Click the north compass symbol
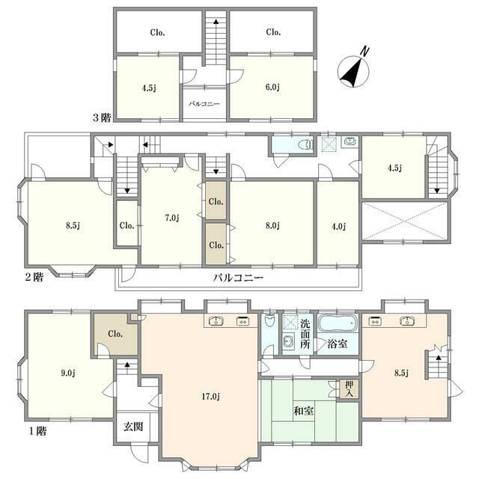tap(354, 70)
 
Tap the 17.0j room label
tap(211, 397)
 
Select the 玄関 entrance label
tap(133, 427)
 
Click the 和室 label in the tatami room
tap(303, 411)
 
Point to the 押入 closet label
tap(350, 389)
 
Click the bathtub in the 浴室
tap(338, 323)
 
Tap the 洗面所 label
tap(305, 334)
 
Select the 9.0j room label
tap(68, 373)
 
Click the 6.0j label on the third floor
tap(272, 88)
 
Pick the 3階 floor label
tap(102, 118)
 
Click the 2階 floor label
tap(34, 277)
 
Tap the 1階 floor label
tap(38, 431)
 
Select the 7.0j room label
tap(171, 218)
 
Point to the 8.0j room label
tap(272, 225)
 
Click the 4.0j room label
tap(338, 226)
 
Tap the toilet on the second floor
tap(306, 144)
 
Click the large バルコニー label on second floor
tap(238, 278)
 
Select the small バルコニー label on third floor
tap(204, 104)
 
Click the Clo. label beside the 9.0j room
tap(115, 334)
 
